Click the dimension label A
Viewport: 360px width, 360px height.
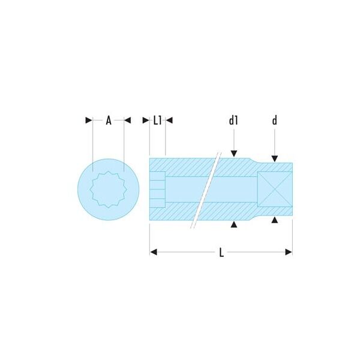[x=109, y=121]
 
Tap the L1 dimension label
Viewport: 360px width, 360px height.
[x=157, y=121]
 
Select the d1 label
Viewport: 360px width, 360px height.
[x=233, y=121]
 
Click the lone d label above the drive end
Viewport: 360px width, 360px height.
[x=275, y=121]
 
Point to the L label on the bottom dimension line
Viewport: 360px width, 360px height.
[x=221, y=253]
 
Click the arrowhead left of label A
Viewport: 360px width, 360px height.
[x=89, y=121]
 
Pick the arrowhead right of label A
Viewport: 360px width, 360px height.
[x=127, y=121]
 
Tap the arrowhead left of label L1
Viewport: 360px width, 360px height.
[x=146, y=121]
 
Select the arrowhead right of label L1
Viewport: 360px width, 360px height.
[x=169, y=121]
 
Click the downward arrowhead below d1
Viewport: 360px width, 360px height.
[x=234, y=154]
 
